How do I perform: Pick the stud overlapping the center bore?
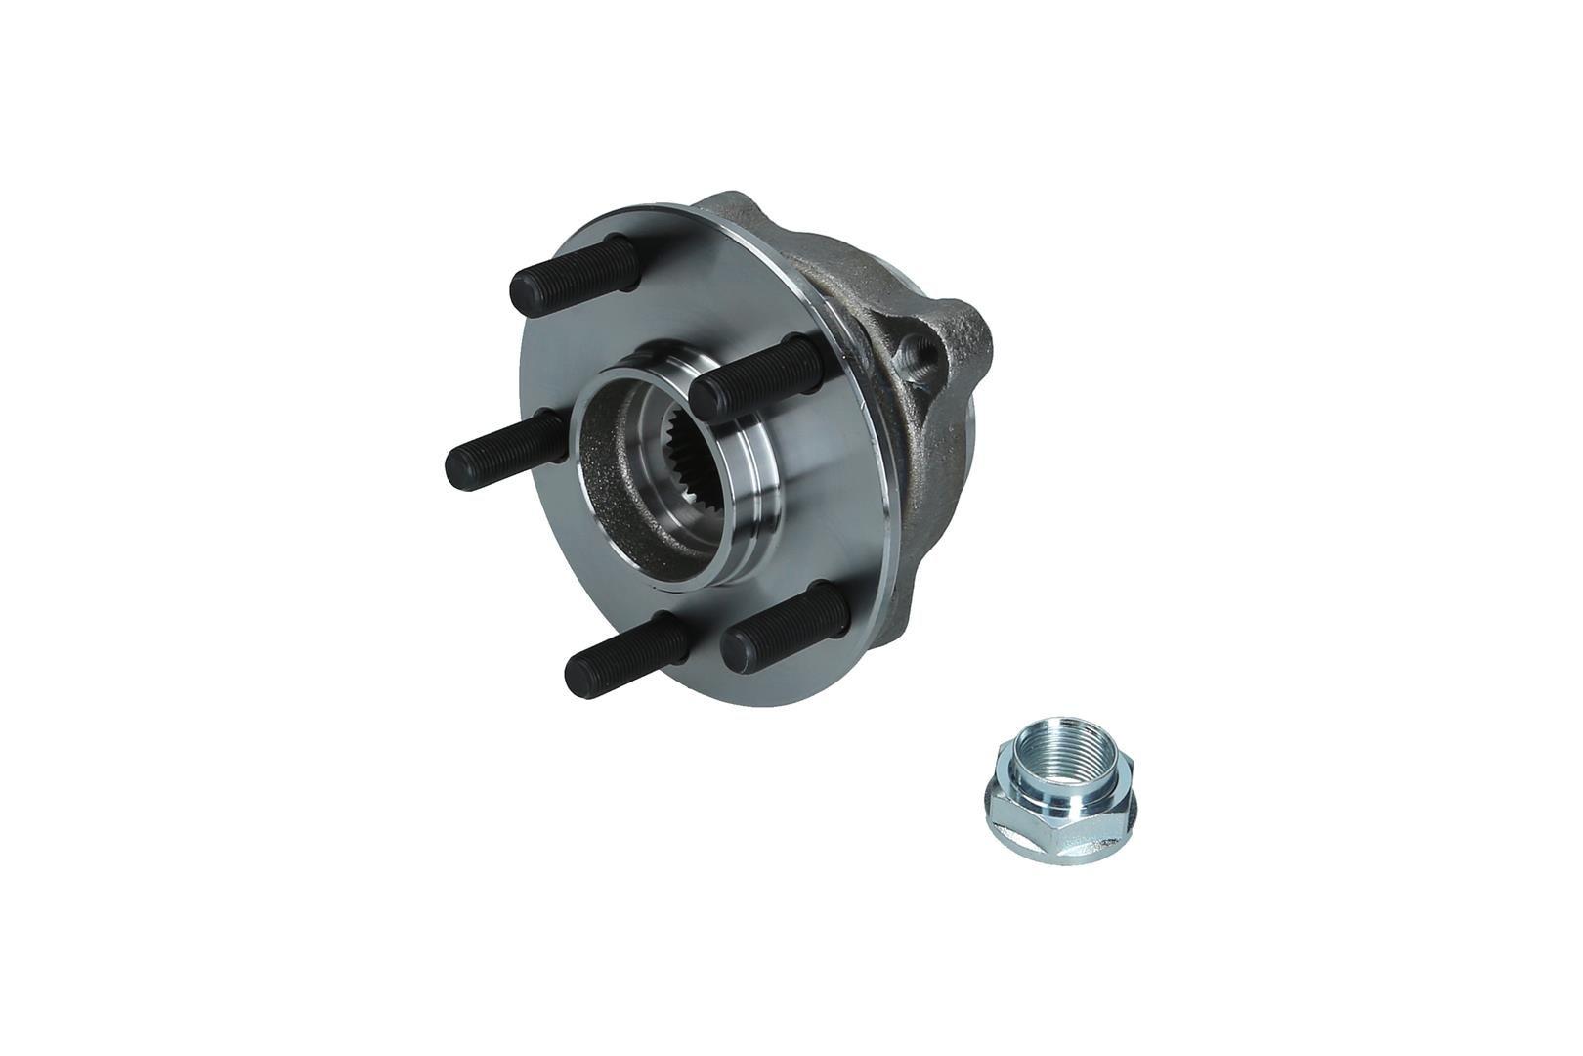pos(757,377)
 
